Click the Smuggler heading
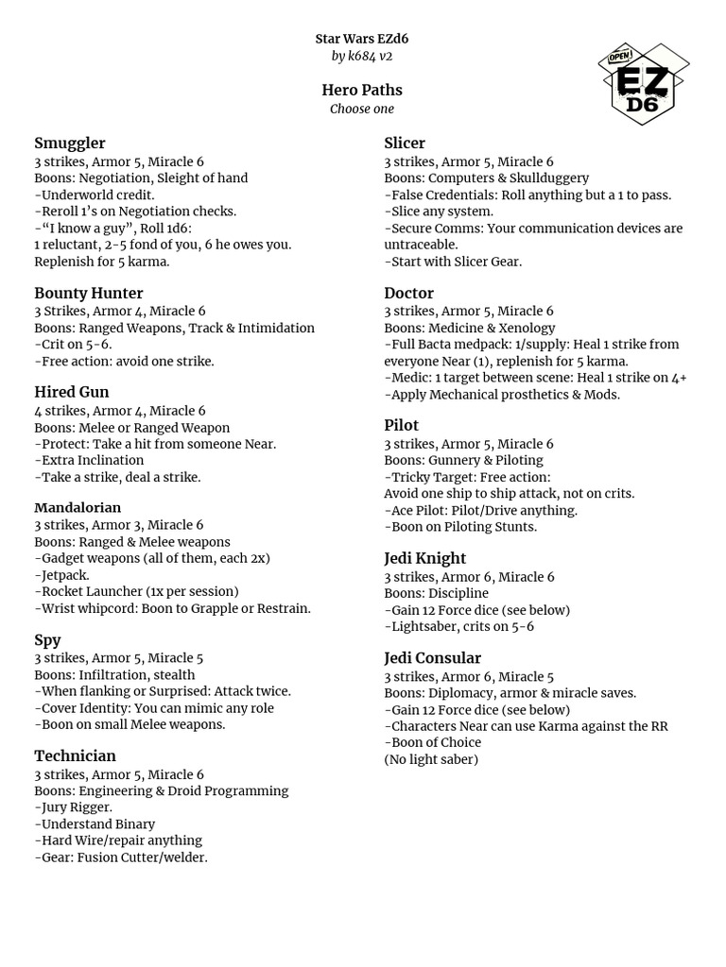[x=70, y=144]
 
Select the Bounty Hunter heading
[x=89, y=294]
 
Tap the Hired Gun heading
[x=72, y=393]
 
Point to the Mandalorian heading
[x=78, y=508]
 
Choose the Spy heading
[x=47, y=640]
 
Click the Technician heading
[x=75, y=756]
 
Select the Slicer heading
[x=405, y=144]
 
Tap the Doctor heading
[x=408, y=294]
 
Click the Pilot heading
[x=401, y=426]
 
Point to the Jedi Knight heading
[x=424, y=559]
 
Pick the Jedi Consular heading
[x=432, y=658]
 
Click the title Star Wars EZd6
[x=362, y=39]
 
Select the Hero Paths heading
[x=362, y=91]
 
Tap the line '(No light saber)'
[x=431, y=759]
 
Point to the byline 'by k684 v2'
[x=362, y=57]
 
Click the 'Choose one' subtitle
[x=362, y=110]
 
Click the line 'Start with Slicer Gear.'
[x=455, y=262]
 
